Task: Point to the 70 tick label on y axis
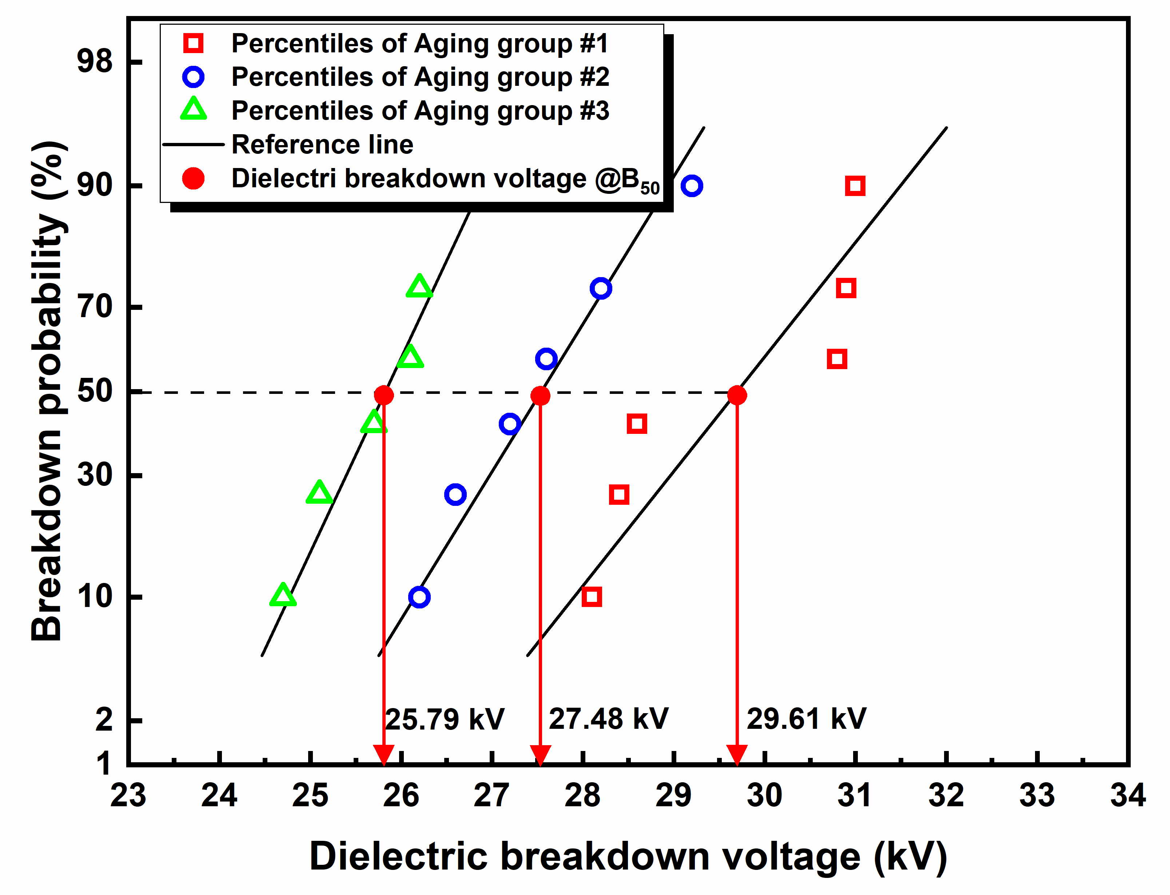95,307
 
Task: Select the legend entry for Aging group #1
419,43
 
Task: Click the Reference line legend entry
322,144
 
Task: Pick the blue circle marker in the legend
193,77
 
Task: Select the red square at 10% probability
592,597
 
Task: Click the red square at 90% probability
855,186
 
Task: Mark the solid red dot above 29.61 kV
737,395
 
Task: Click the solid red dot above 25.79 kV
383,395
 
